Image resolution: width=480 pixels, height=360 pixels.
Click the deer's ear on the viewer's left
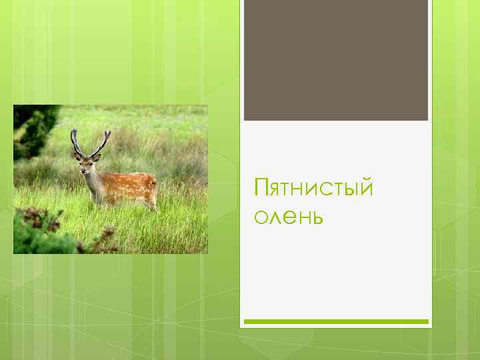pos(77,156)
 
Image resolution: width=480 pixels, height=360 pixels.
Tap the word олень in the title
pos(288,217)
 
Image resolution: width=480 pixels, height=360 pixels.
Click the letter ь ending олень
pos(317,217)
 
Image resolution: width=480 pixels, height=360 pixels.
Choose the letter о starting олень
pos(259,219)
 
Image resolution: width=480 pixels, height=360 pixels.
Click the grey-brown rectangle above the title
pos(335,60)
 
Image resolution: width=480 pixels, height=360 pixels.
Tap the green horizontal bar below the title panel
pos(335,321)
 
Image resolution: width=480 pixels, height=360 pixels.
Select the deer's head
pos(87,163)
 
